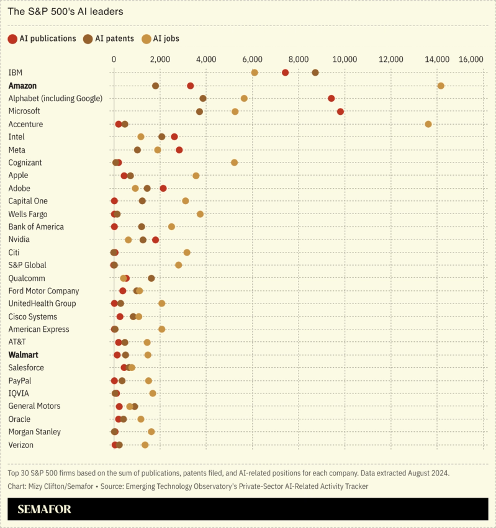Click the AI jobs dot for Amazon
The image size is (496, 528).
(441, 86)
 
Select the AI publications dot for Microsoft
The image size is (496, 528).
(340, 112)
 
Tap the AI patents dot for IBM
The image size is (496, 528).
(315, 73)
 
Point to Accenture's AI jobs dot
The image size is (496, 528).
(428, 124)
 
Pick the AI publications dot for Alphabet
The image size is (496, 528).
(331, 99)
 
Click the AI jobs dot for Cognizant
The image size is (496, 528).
(234, 163)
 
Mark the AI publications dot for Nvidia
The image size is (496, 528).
(155, 239)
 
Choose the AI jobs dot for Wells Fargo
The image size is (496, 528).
(200, 214)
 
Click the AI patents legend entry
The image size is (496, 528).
(110, 38)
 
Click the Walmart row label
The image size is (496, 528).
(24, 355)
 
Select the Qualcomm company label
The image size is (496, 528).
(27, 278)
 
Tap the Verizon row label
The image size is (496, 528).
(21, 445)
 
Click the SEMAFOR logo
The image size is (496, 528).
(44, 509)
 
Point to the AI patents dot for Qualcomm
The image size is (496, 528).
(151, 278)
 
